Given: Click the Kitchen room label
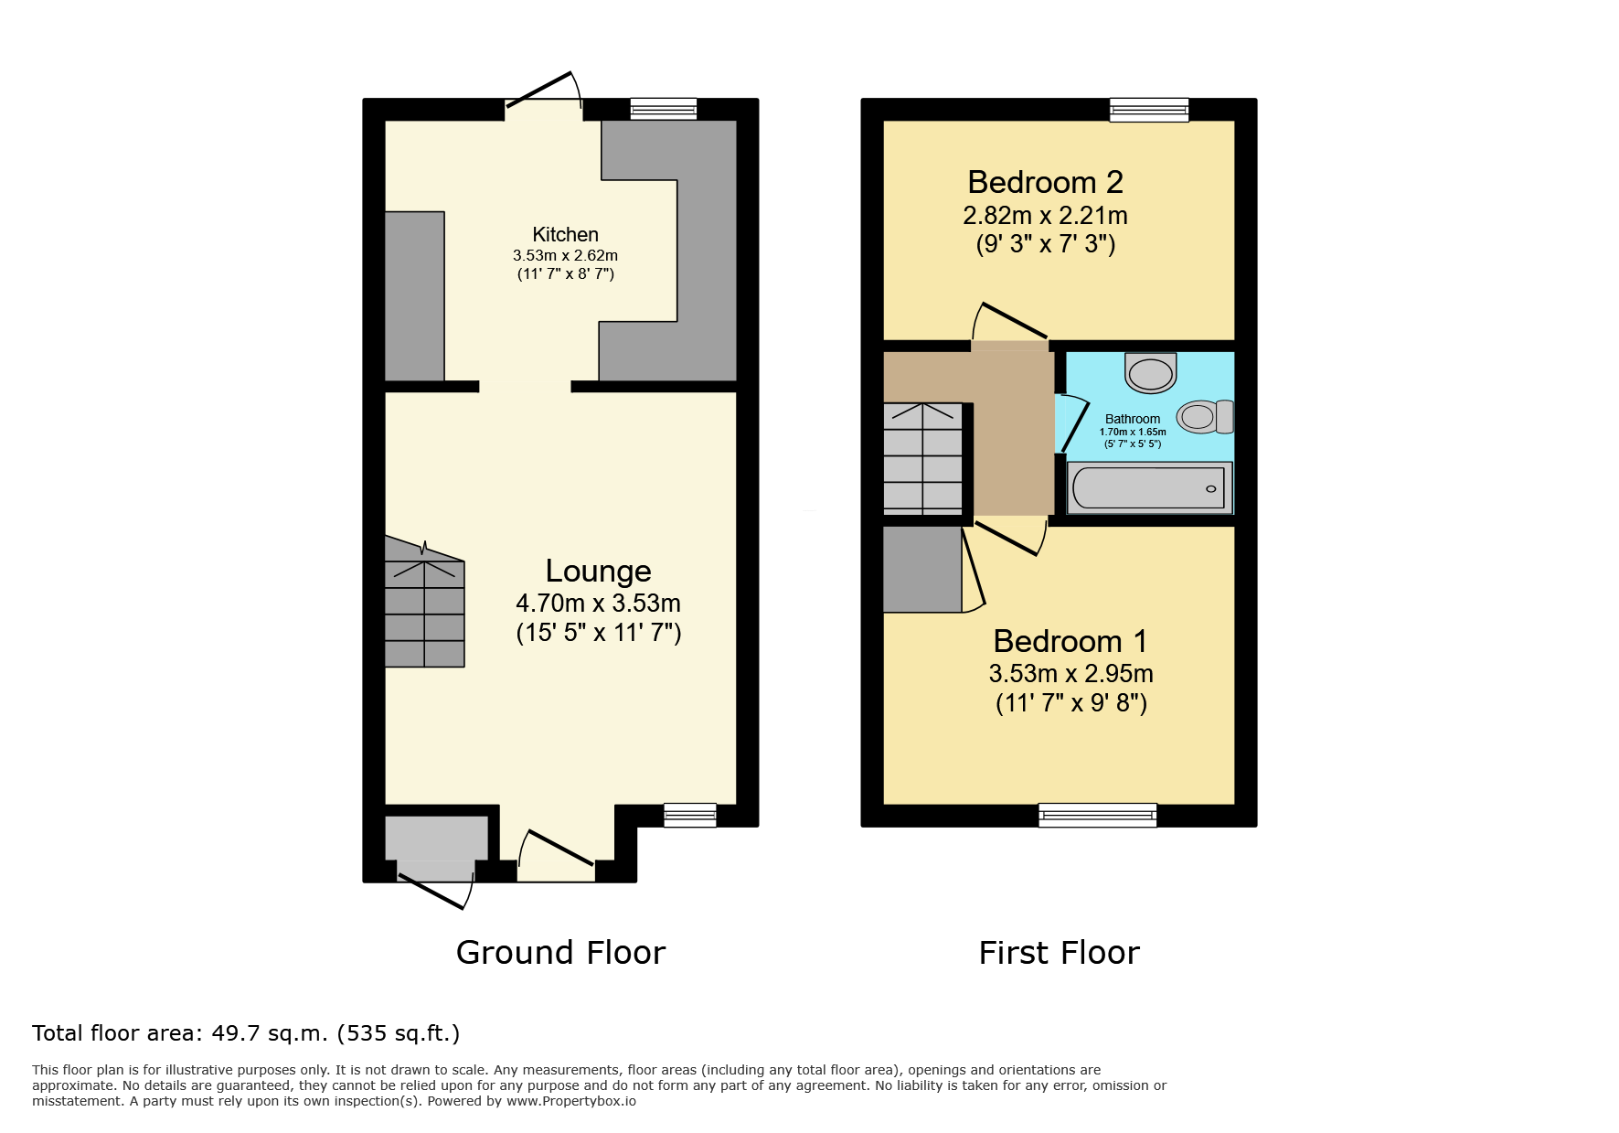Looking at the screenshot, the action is pyautogui.click(x=565, y=235).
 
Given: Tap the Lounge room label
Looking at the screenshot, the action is pyautogui.click(x=599, y=571).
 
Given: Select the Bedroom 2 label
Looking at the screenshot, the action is pyautogui.click(x=1045, y=182).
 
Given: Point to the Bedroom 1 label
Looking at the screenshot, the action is pyautogui.click(x=1070, y=641).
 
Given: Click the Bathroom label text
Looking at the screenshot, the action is pyautogui.click(x=1133, y=419).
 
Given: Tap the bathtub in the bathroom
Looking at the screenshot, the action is pyautogui.click(x=1150, y=487).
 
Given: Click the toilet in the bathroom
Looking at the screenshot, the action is pyautogui.click(x=1205, y=417).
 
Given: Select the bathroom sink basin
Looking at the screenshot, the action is pyautogui.click(x=1150, y=372).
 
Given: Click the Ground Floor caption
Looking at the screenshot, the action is pyautogui.click(x=560, y=953).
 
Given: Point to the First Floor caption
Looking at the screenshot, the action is pyautogui.click(x=1059, y=953).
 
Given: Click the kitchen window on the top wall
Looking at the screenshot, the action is pyautogui.click(x=664, y=109).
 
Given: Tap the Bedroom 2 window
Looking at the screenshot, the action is pyautogui.click(x=1149, y=110).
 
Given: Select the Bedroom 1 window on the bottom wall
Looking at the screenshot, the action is pyautogui.click(x=1098, y=815).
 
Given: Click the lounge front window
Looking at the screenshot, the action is pyautogui.click(x=690, y=815).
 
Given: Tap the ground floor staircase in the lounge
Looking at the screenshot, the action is pyautogui.click(x=424, y=602).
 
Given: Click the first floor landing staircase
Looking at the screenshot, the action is pyautogui.click(x=923, y=458).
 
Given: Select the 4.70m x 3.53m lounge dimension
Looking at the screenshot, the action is pyautogui.click(x=599, y=604).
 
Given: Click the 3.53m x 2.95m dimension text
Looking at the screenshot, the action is pyautogui.click(x=1070, y=674).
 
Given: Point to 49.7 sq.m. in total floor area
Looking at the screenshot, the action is pyautogui.click(x=270, y=1033).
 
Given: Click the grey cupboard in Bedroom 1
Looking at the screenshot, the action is pyautogui.click(x=922, y=570).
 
